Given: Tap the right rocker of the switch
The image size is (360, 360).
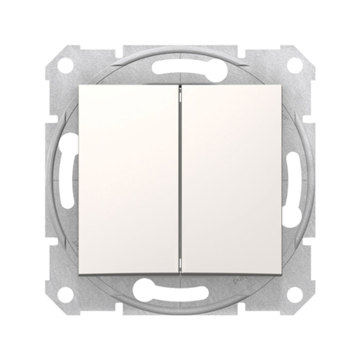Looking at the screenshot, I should click(x=227, y=179).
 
